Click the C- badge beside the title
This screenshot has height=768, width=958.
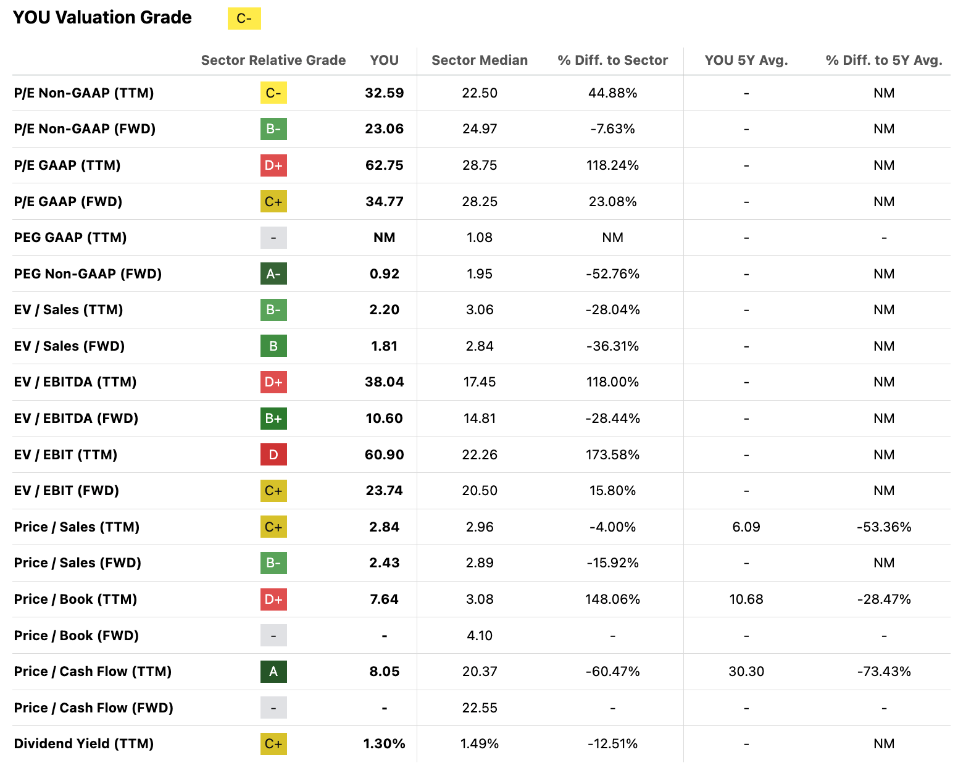(x=244, y=19)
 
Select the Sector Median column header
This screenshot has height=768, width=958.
(x=480, y=61)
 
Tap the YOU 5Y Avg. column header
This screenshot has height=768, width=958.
(x=746, y=61)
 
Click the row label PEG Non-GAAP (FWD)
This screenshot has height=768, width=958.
(x=88, y=274)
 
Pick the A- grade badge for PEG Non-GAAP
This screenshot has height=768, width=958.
(x=273, y=274)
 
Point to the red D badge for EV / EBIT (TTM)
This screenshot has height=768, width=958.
(x=273, y=455)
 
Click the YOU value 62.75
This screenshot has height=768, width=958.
(x=384, y=165)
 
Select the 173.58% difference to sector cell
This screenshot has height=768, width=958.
(x=612, y=455)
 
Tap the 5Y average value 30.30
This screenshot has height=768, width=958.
(x=746, y=672)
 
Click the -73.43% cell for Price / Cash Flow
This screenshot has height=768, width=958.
(x=884, y=672)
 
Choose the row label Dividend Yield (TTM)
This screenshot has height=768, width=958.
(x=84, y=744)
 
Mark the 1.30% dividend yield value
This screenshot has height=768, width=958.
(x=384, y=744)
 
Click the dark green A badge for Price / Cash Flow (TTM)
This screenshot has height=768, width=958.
(x=273, y=672)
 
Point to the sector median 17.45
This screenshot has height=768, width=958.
(x=480, y=382)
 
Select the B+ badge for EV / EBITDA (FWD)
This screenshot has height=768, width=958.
(x=273, y=419)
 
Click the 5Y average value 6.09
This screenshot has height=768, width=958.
(x=746, y=527)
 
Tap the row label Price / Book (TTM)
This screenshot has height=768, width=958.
(x=75, y=599)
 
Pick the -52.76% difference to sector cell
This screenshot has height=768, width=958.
(x=612, y=274)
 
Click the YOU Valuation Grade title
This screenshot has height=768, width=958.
(x=102, y=17)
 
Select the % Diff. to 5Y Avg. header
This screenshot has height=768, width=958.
(x=884, y=61)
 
